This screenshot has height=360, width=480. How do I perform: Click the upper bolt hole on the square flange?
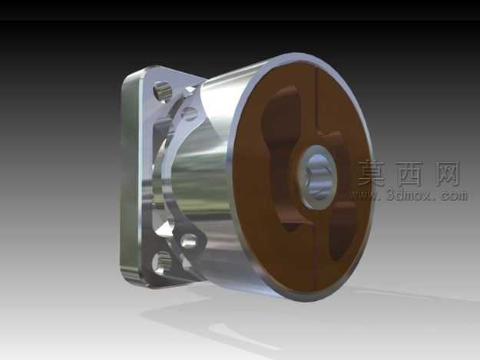pyautogui.click(x=162, y=91)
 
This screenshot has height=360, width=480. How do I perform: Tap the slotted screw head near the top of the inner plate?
pyautogui.click(x=190, y=112)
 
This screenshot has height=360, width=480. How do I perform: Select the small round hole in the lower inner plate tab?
pyautogui.click(x=189, y=241)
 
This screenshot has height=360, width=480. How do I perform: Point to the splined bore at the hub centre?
pyautogui.click(x=319, y=177)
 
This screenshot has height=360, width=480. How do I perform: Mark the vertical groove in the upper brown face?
pyautogui.click(x=317, y=101)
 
